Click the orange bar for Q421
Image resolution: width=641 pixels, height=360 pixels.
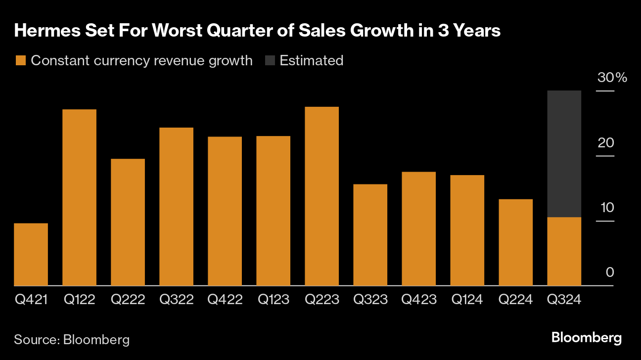31,254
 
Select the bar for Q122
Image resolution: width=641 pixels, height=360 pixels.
79,197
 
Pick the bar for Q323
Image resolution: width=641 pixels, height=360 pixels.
370,234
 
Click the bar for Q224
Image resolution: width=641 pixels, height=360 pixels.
515,242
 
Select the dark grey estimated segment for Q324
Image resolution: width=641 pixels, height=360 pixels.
564,154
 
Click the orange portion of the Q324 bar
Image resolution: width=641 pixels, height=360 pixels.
564,251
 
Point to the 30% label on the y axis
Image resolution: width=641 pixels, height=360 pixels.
612,78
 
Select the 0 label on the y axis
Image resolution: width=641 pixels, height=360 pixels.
609,272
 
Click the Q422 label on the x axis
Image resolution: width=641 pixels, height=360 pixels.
225,300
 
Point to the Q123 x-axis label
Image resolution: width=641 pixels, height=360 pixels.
274,300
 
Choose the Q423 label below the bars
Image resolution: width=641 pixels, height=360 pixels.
419,300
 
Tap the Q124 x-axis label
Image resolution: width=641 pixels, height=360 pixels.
467,300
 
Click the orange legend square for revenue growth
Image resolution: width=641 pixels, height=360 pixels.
20,61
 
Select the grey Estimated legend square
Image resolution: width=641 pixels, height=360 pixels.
270,61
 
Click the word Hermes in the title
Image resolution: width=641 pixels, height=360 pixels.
44,31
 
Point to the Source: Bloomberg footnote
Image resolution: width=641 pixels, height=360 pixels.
72,340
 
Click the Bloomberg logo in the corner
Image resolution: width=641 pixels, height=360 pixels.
587,338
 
